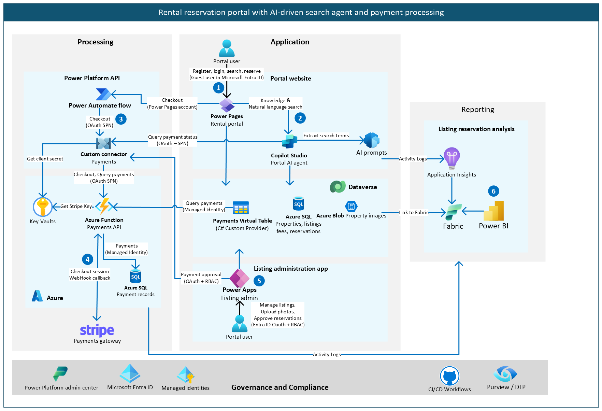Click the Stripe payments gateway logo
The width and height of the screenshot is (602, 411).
(x=97, y=330)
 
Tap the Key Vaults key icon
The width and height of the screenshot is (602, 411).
(x=43, y=207)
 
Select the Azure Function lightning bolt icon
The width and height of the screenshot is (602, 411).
(x=104, y=206)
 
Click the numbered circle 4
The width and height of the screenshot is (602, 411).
(x=88, y=259)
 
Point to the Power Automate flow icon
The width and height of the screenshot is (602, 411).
(x=103, y=94)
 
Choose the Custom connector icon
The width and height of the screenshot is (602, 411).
(x=103, y=143)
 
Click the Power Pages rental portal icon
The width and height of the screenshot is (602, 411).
(x=227, y=105)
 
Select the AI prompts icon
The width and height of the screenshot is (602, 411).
(x=372, y=140)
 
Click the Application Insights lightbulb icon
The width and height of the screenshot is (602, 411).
(x=452, y=158)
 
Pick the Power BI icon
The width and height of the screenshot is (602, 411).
(x=494, y=211)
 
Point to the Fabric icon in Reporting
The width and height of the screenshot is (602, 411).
(x=454, y=212)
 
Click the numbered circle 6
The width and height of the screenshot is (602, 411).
(x=493, y=191)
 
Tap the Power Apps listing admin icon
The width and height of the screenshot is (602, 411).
(x=239, y=278)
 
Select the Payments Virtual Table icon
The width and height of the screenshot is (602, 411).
(x=241, y=208)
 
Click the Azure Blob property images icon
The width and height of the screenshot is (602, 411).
(x=351, y=206)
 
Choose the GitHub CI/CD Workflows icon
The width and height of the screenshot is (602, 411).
(x=449, y=376)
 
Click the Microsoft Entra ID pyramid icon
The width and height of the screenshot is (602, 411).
(x=130, y=373)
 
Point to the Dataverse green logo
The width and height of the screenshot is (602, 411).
(x=338, y=187)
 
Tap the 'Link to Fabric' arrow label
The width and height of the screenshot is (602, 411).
(x=414, y=212)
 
